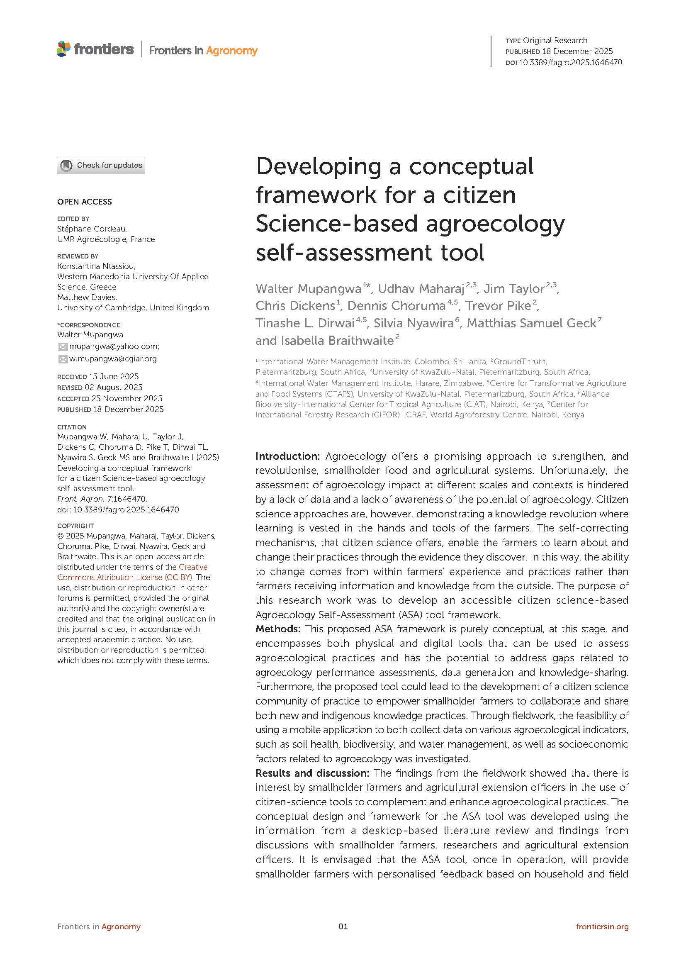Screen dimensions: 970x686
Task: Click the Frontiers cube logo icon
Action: (x=63, y=49)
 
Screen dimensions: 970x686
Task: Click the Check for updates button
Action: (x=101, y=165)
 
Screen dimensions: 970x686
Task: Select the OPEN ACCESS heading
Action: (x=85, y=202)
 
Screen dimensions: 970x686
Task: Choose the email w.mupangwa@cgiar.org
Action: (x=113, y=359)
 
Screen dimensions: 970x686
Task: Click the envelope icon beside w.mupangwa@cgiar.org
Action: (x=63, y=359)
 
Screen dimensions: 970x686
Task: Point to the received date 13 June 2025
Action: (x=114, y=376)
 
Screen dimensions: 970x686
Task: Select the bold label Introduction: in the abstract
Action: (x=288, y=456)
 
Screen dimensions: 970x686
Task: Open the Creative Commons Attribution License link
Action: (x=132, y=572)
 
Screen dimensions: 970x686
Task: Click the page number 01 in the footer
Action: (x=343, y=926)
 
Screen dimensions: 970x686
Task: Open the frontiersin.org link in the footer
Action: (x=602, y=926)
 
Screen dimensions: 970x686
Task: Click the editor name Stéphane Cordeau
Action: (x=92, y=229)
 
